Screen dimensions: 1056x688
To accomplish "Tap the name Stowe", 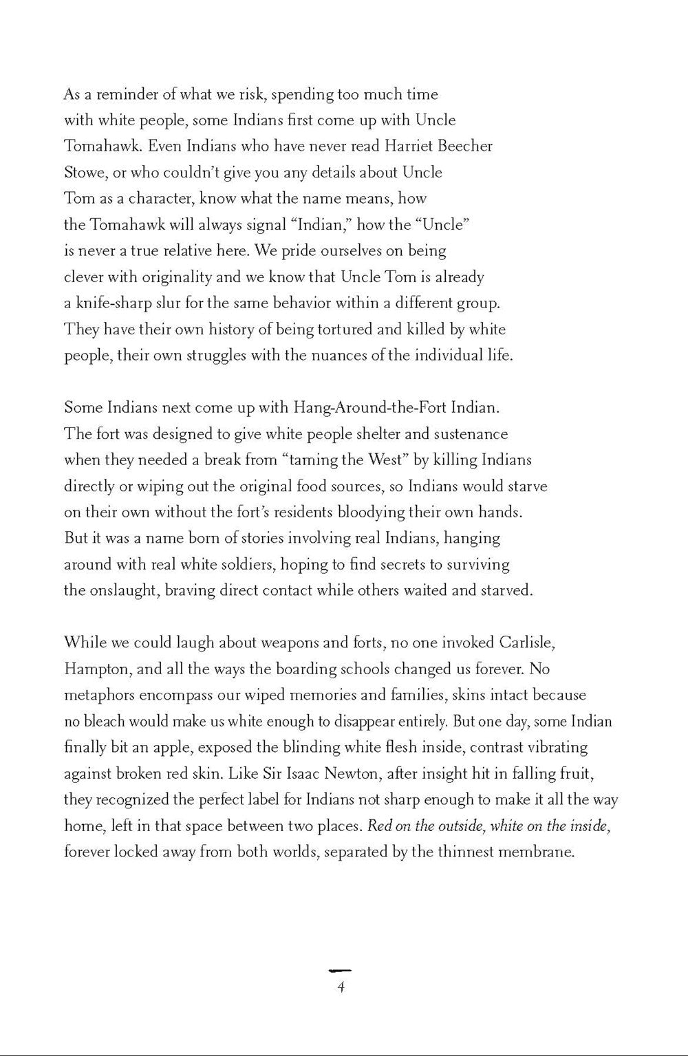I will click(83, 173).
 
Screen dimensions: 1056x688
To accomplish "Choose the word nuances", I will click(363, 356).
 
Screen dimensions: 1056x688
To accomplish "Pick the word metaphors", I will click(99, 695).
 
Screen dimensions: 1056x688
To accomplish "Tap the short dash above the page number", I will click(341, 970).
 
